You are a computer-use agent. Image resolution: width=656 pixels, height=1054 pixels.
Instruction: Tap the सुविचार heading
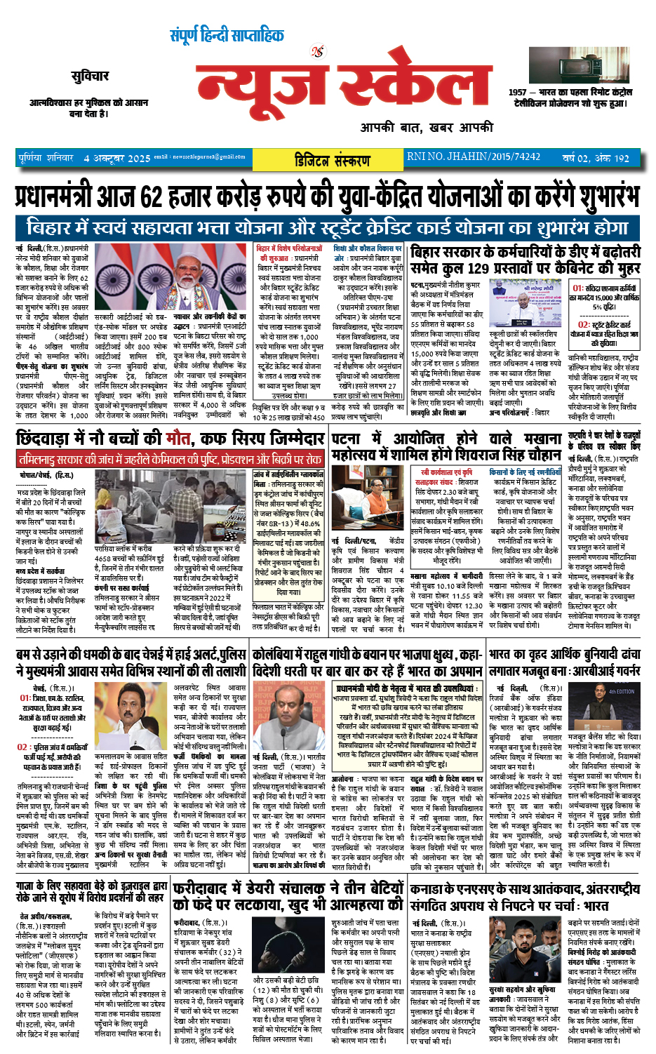[x=90, y=76]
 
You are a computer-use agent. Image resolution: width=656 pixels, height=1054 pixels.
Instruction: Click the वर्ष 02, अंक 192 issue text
[x=596, y=159]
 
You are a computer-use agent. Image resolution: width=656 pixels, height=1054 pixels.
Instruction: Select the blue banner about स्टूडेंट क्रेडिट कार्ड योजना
[x=327, y=228]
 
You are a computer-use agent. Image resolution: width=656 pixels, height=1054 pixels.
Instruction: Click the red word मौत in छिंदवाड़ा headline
[x=178, y=439]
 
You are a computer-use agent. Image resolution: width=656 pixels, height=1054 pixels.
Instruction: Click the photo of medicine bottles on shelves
[x=133, y=510]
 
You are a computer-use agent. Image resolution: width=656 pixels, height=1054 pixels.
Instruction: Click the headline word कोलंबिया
[x=276, y=653]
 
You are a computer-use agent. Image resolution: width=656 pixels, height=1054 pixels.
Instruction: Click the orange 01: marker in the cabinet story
[x=577, y=288]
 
